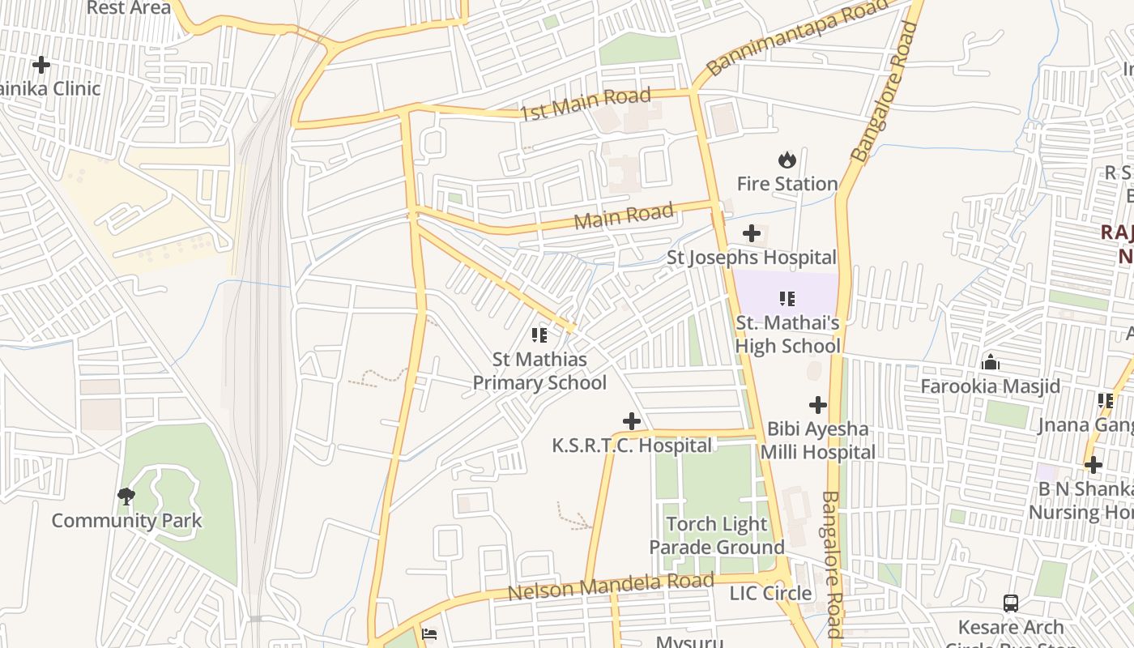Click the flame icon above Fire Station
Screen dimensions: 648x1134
click(787, 160)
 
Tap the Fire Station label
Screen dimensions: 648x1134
click(787, 184)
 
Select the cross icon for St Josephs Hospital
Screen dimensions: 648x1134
click(752, 234)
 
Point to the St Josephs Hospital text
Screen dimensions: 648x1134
click(751, 258)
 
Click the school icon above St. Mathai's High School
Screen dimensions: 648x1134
click(787, 299)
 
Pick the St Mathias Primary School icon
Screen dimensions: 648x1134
click(539, 335)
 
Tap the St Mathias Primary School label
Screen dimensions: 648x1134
click(539, 371)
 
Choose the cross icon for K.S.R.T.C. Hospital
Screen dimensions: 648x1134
click(632, 421)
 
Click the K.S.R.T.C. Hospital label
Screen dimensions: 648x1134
click(632, 446)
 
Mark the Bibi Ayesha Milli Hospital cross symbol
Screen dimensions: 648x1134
click(818, 404)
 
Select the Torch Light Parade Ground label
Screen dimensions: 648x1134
click(717, 535)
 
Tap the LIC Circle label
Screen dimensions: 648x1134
click(770, 594)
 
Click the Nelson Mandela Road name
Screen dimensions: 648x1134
click(611, 586)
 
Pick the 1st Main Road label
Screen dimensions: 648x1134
click(585, 104)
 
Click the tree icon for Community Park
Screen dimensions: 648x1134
click(126, 496)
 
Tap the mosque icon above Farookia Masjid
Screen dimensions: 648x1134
click(990, 361)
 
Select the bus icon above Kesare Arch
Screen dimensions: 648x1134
click(1011, 603)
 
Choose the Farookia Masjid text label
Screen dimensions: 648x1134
click(990, 386)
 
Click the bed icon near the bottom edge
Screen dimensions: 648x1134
click(429, 633)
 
